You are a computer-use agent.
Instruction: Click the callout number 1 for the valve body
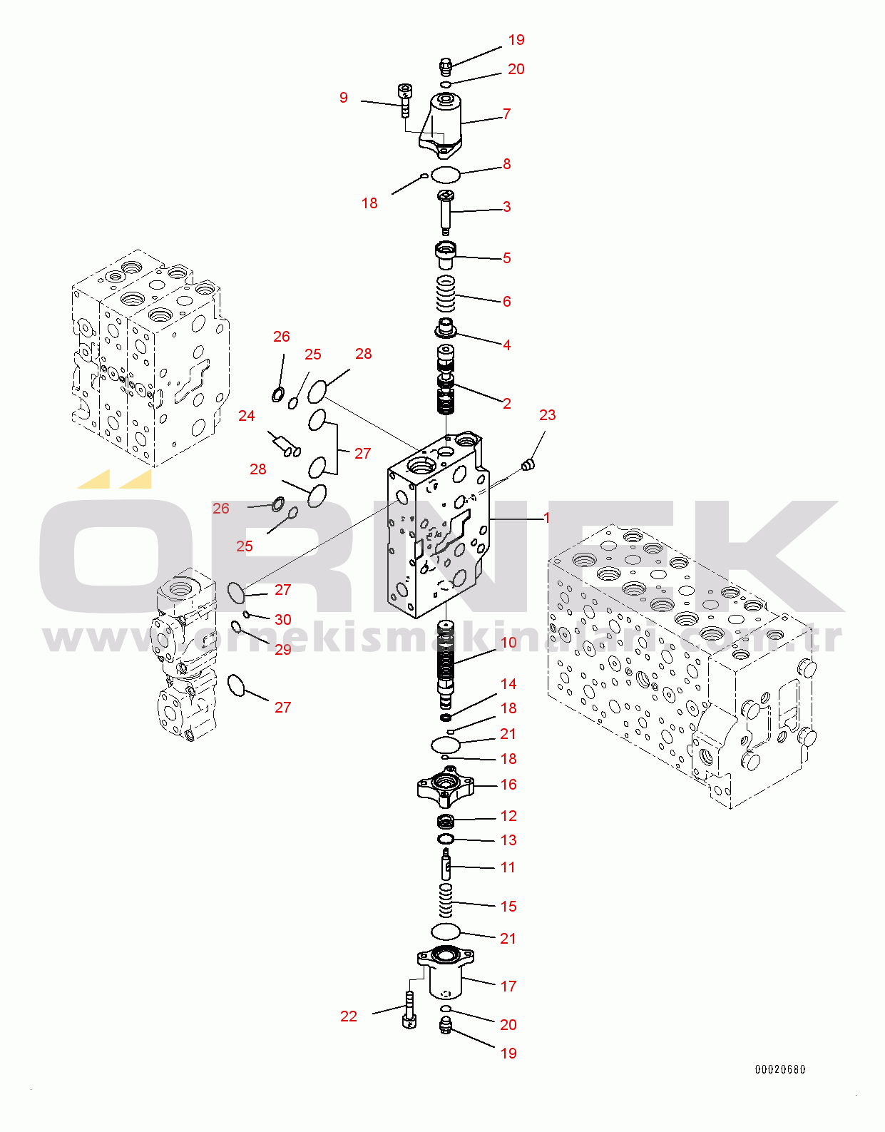[547, 518]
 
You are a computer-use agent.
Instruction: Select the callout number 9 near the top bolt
[344, 98]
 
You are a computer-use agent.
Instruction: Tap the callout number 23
[547, 415]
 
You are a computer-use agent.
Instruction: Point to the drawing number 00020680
[780, 1069]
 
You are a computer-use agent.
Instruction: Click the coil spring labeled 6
[446, 293]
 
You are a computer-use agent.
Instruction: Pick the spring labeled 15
[446, 900]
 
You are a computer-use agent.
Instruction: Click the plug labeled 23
[527, 466]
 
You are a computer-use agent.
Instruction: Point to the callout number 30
[283, 620]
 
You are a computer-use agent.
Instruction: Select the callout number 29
[283, 650]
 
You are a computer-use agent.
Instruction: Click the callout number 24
[247, 416]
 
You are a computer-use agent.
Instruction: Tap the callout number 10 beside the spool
[508, 643]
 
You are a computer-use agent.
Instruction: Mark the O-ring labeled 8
[446, 174]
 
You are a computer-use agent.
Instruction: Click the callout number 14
[508, 684]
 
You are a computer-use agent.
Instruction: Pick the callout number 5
[506, 258]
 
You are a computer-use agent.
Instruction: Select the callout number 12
[508, 816]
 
